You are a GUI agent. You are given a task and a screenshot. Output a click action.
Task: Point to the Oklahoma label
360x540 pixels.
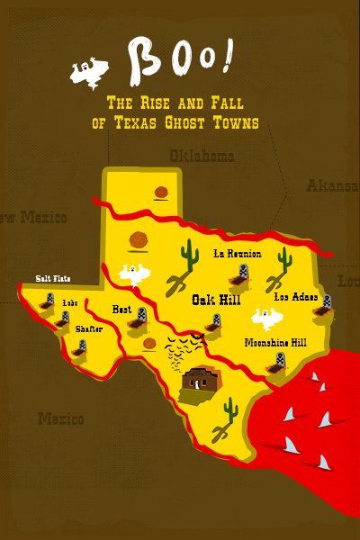click(202, 157)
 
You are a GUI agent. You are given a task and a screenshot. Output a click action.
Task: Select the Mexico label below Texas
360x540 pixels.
click(60, 418)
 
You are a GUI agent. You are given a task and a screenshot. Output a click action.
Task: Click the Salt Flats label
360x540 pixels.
click(53, 278)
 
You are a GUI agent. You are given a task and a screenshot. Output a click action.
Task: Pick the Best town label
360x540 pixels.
click(121, 310)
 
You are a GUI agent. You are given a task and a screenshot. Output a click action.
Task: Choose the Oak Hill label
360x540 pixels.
click(217, 301)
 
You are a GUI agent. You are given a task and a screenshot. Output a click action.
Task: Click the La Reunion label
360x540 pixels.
click(237, 254)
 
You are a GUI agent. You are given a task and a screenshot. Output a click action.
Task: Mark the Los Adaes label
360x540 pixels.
click(296, 296)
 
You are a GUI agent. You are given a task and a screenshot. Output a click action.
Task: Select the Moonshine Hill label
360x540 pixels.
click(275, 343)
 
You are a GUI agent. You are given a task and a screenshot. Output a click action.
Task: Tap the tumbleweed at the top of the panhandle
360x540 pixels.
click(162, 192)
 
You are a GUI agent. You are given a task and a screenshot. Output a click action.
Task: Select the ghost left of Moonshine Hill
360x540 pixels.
click(265, 318)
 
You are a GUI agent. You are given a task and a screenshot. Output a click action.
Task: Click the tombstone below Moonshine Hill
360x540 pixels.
click(280, 362)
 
